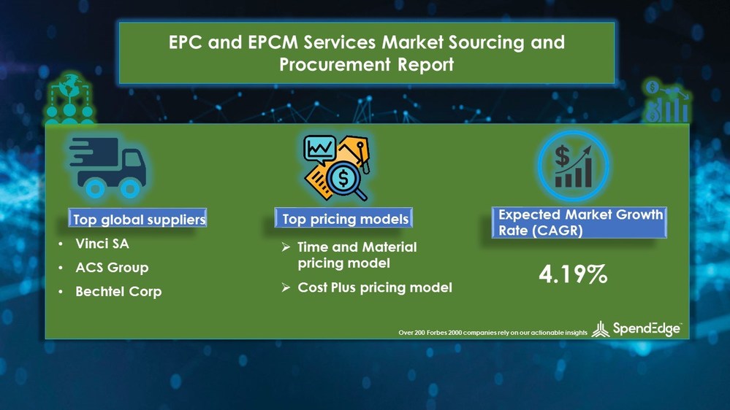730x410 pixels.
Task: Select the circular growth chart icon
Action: [573, 166]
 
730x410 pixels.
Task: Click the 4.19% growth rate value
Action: [573, 274]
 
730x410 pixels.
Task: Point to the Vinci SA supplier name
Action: [102, 244]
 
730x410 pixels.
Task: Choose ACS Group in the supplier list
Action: [112, 268]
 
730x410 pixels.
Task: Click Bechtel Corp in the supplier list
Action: [118, 291]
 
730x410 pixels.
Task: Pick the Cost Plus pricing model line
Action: [374, 287]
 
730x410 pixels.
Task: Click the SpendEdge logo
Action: [636, 329]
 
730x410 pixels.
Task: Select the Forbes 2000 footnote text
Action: [493, 332]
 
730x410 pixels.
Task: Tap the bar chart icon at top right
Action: [666, 102]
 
